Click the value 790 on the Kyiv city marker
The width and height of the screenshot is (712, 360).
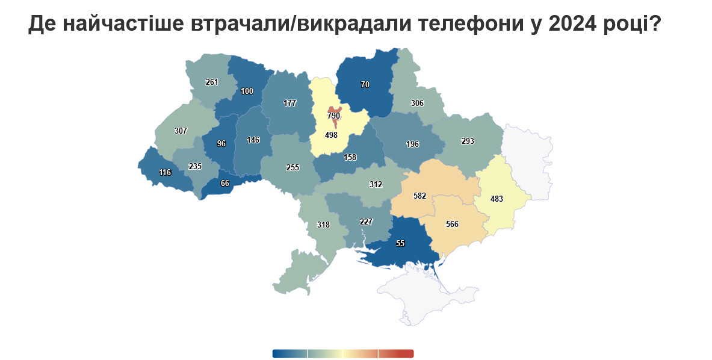click(x=334, y=115)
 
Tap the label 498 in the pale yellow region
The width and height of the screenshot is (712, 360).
click(x=331, y=135)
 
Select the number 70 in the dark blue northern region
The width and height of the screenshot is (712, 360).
click(x=365, y=85)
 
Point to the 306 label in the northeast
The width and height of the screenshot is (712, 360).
click(x=417, y=103)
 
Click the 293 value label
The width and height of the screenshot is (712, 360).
click(x=468, y=141)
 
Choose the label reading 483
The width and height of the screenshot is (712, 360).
click(x=497, y=198)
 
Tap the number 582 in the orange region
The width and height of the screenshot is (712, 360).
click(x=420, y=196)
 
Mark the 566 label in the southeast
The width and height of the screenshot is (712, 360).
click(x=452, y=224)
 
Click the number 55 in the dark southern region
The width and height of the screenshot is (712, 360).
click(x=400, y=243)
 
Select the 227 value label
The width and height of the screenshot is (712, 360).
click(x=366, y=221)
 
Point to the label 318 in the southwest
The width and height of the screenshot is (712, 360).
click(x=323, y=225)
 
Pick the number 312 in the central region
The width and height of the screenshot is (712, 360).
click(x=375, y=184)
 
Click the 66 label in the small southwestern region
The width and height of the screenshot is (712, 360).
click(x=225, y=183)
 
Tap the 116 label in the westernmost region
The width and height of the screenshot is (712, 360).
click(x=165, y=172)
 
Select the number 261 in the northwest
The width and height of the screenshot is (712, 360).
click(x=211, y=82)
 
